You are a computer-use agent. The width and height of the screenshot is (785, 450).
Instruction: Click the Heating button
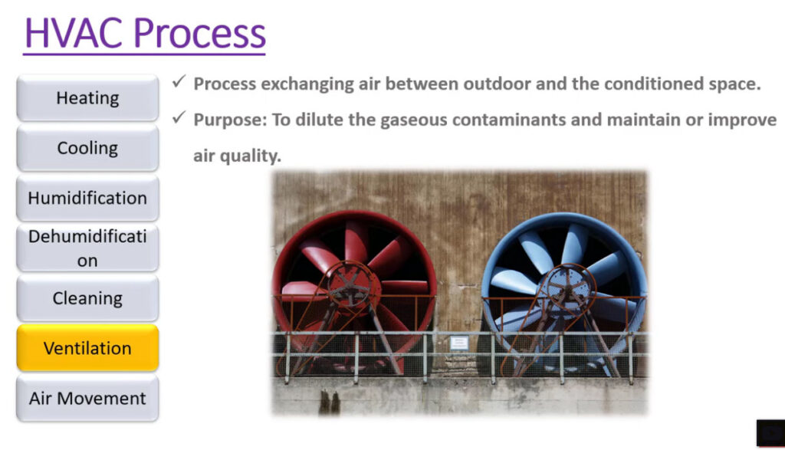coord(87,97)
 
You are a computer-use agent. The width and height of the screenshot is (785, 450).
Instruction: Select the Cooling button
coord(87,148)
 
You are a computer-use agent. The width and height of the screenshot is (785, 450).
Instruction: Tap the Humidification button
coord(87,198)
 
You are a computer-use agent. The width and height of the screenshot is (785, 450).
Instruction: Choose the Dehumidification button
coord(87,248)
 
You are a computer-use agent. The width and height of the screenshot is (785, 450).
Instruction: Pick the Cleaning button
coord(87,298)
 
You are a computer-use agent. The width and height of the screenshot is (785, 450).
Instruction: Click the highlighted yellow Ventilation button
coord(87,348)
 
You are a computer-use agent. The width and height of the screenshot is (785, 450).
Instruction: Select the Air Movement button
coord(87,398)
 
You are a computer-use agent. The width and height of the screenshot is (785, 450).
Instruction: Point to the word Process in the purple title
coord(199,33)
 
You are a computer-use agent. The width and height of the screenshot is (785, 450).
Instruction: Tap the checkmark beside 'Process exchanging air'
coord(179,81)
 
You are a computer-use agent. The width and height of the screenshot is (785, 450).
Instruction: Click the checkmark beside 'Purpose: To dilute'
coord(179,117)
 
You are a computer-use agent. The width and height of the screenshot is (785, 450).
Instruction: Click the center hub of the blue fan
coord(568,286)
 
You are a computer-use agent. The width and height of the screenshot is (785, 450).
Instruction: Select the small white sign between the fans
coord(459,343)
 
